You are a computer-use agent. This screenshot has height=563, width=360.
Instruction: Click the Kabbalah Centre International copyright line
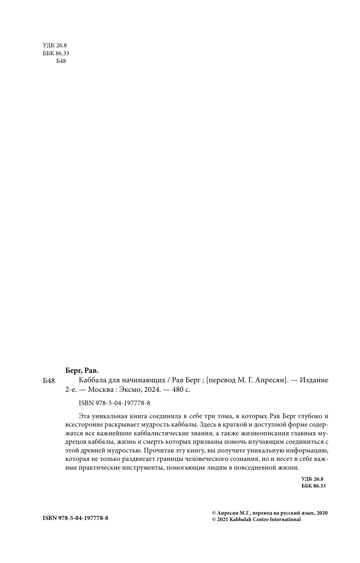pyautogui.click(x=256, y=519)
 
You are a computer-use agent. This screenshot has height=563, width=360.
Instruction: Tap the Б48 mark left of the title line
pyautogui.click(x=50, y=381)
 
